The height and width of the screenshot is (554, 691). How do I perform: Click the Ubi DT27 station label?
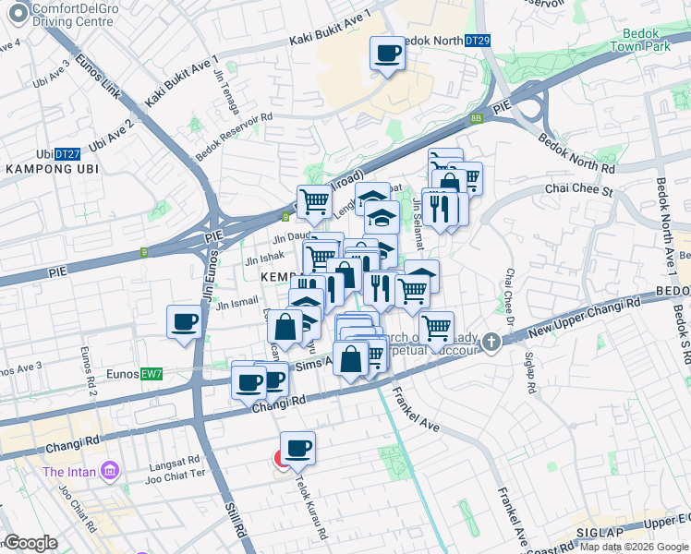point(56,153)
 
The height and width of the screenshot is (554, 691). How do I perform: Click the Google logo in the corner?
point(30,543)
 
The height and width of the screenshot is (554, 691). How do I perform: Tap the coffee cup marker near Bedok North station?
point(387,53)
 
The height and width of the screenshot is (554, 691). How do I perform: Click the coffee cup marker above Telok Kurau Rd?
point(297,449)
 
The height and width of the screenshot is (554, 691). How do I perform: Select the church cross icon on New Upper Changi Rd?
point(491,342)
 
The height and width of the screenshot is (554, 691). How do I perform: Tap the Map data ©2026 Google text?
point(634,547)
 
